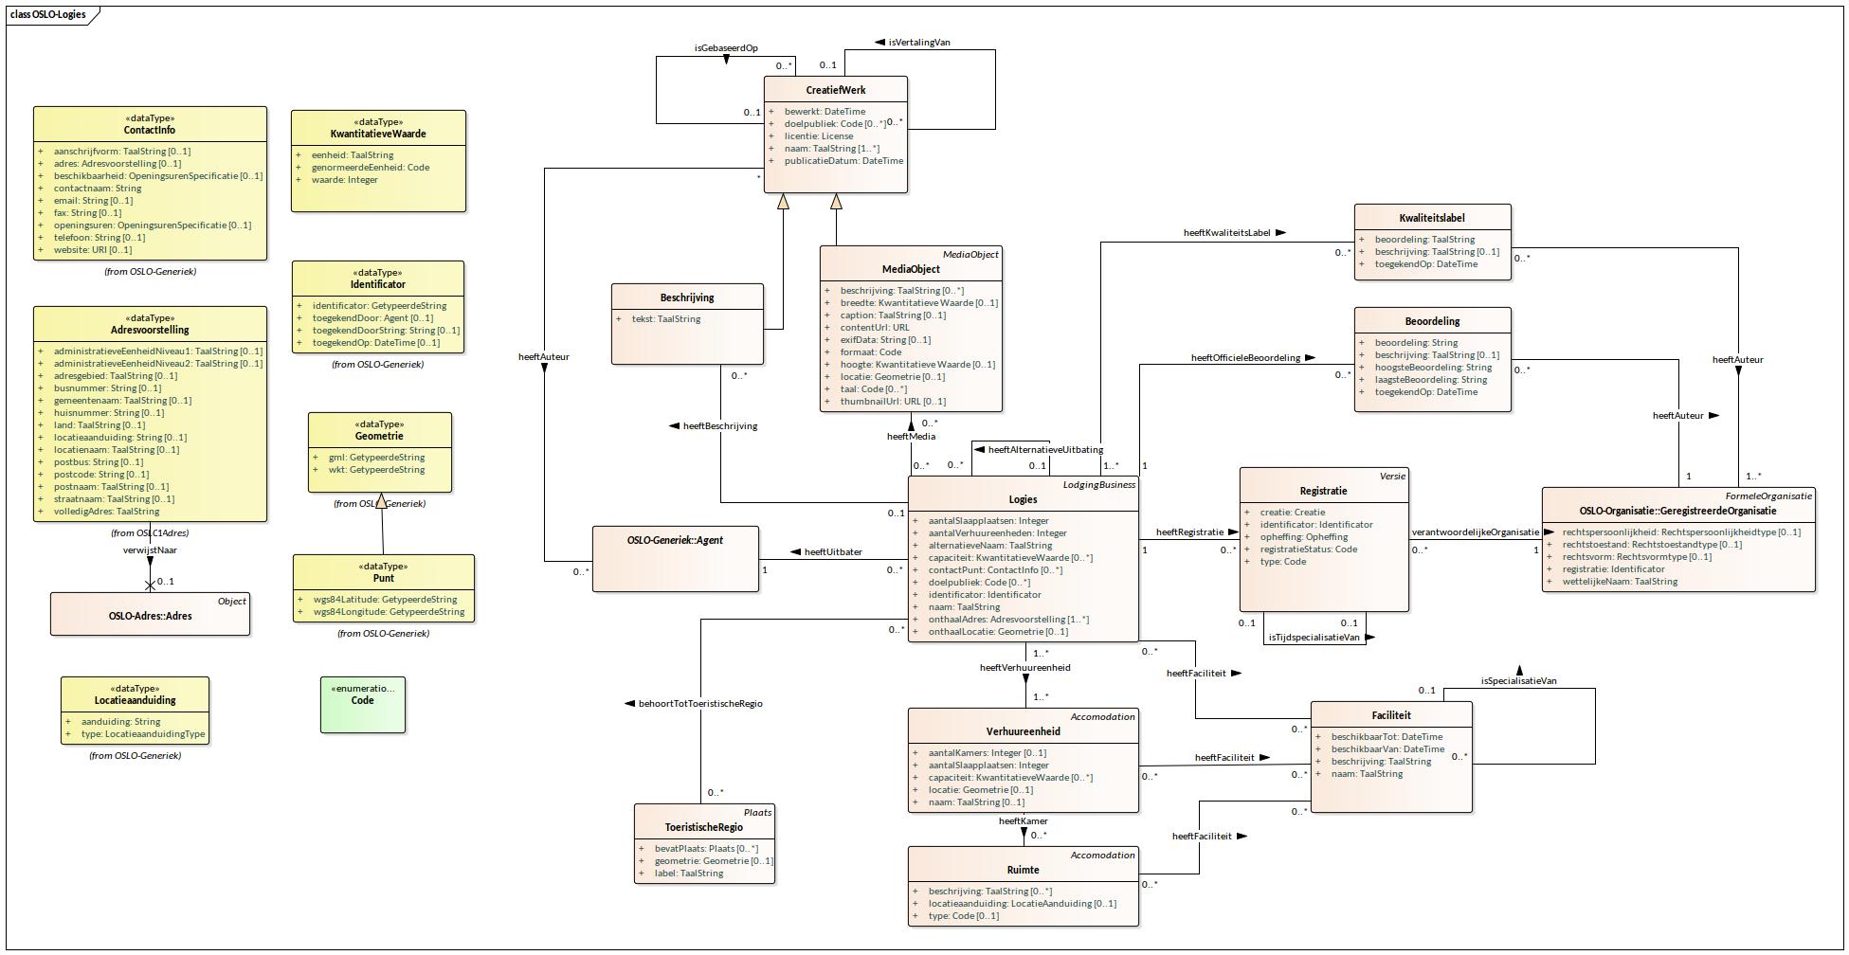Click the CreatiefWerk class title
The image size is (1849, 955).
click(x=835, y=90)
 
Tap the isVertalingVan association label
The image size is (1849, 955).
click(x=918, y=43)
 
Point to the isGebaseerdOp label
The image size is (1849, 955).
click(x=726, y=47)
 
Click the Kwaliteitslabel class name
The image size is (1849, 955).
click(x=1431, y=218)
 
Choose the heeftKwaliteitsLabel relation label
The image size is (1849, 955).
click(x=1226, y=232)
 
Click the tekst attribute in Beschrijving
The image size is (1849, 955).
click(x=665, y=319)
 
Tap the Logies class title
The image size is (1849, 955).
click(x=1023, y=499)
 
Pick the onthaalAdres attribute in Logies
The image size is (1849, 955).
click(x=1007, y=620)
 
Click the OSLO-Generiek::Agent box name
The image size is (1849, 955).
click(x=675, y=540)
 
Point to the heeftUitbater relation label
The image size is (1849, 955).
click(x=832, y=551)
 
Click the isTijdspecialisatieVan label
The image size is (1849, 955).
click(x=1314, y=638)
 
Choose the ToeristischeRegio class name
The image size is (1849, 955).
click(x=703, y=827)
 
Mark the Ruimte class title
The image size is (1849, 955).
click(x=1023, y=870)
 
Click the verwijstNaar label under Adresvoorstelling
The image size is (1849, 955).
click(x=150, y=550)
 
